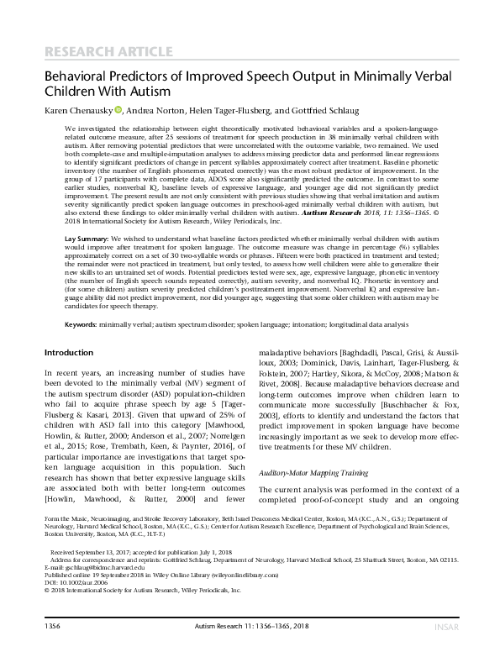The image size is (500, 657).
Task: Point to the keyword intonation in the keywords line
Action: (x=315, y=347)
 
